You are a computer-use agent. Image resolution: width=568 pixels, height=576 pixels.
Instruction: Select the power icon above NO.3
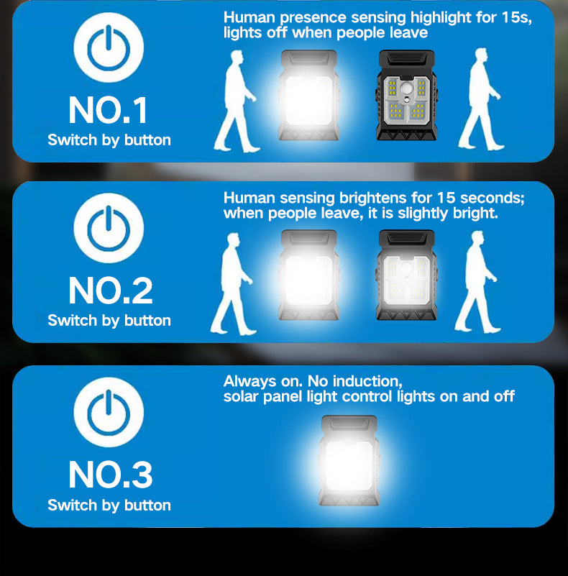(x=109, y=411)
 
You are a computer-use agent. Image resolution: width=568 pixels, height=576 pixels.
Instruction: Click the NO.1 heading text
(x=109, y=110)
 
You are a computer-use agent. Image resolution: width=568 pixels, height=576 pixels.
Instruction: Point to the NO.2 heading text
(x=109, y=291)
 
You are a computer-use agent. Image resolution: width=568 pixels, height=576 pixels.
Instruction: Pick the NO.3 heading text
(x=109, y=475)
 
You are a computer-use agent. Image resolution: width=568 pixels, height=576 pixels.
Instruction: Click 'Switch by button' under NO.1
(x=109, y=140)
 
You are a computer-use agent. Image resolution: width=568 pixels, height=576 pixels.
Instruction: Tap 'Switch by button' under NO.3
(x=109, y=506)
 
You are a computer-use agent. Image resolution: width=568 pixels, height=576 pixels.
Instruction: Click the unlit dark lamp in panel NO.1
(x=406, y=96)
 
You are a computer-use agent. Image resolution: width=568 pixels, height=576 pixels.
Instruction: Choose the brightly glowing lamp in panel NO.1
(x=309, y=96)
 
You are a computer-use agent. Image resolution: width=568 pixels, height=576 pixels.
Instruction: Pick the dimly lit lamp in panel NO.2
(x=406, y=275)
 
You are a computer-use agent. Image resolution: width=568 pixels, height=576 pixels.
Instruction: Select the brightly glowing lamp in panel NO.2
(x=309, y=275)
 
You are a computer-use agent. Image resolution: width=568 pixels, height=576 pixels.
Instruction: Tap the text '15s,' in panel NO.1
(x=516, y=17)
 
